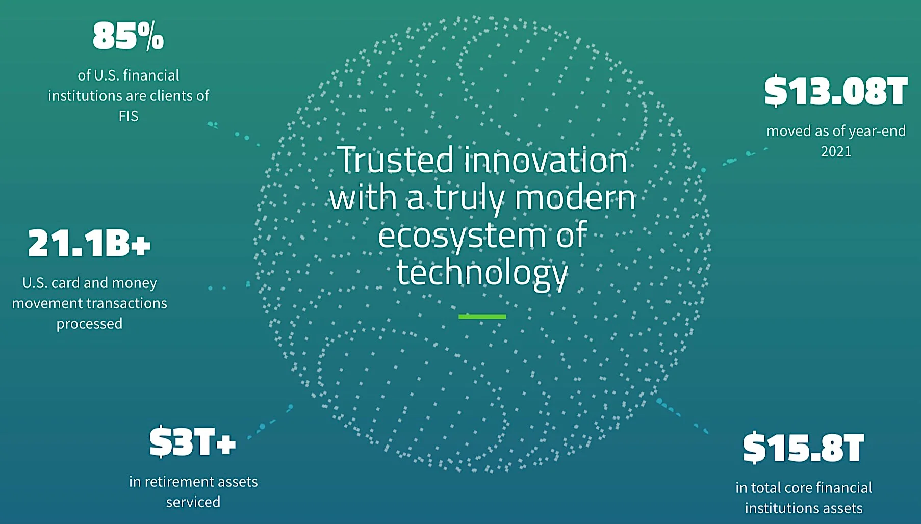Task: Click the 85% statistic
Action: pos(129,37)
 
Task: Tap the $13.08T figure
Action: pos(836,92)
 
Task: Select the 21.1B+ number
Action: pos(89,243)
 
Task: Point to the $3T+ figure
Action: pos(193,442)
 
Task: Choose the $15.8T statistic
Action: pos(803,448)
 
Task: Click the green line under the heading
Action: pos(482,317)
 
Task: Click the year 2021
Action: pos(836,151)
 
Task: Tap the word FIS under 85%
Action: pos(129,116)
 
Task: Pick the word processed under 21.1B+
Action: pos(89,324)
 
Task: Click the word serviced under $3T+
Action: pos(193,502)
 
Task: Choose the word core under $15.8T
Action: pos(798,488)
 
